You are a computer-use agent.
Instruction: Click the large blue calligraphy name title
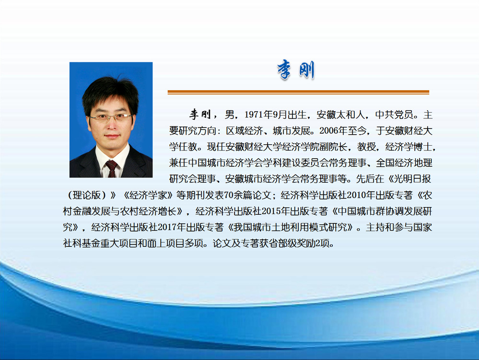(296, 70)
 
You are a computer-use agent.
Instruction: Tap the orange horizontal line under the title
(298, 92)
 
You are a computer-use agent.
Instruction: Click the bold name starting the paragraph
(200, 115)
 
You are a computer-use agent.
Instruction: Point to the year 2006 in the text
(329, 131)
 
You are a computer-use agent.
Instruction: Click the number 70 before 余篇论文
(229, 195)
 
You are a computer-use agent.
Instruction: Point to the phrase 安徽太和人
(340, 115)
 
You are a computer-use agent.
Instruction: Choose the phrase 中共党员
(394, 115)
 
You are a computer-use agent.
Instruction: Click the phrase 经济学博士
(409, 147)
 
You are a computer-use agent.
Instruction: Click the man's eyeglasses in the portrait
(111, 117)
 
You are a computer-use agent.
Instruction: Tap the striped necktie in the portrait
(111, 169)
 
